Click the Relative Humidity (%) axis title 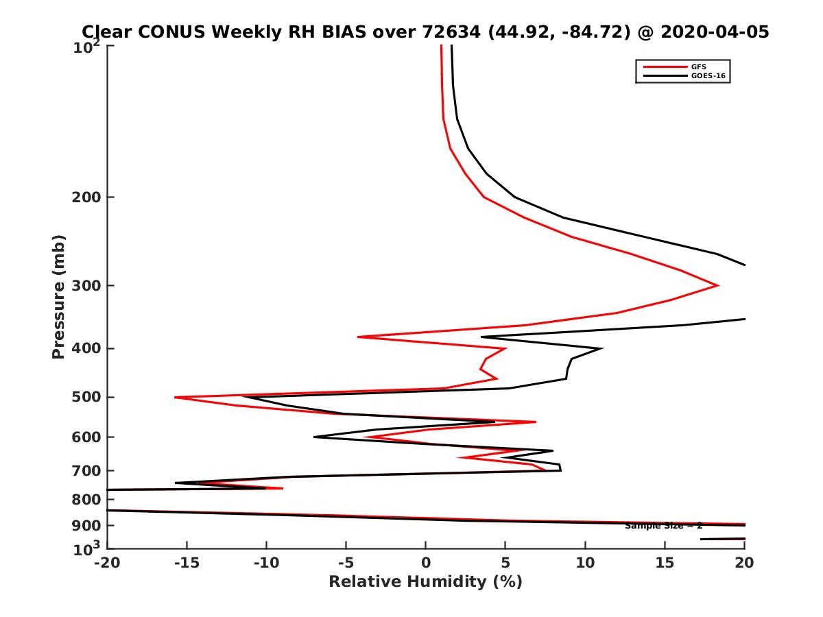pyautogui.click(x=425, y=582)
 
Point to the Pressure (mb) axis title pyautogui.click(x=58, y=297)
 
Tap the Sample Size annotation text pyautogui.click(x=663, y=526)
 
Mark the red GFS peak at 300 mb pyautogui.click(x=718, y=285)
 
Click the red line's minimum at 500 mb pyautogui.click(x=175, y=397)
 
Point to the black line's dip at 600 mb pyautogui.click(x=314, y=437)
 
